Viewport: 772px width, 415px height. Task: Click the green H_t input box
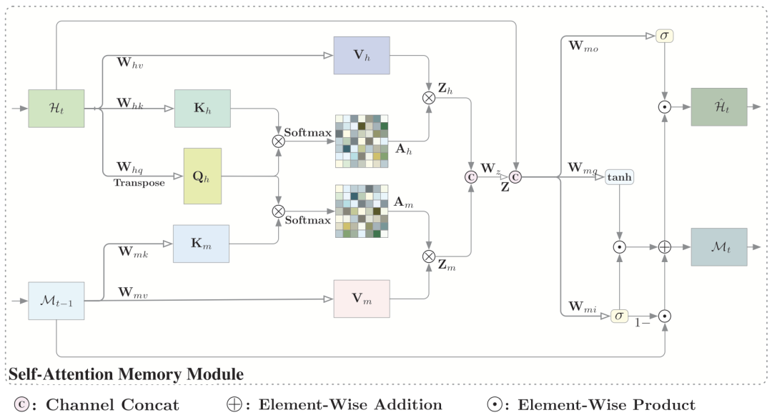pyautogui.click(x=56, y=109)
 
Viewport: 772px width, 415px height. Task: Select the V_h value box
pyautogui.click(x=362, y=55)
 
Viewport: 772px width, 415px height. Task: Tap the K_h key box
pyautogui.click(x=202, y=109)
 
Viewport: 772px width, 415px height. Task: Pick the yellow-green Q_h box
pyautogui.click(x=202, y=176)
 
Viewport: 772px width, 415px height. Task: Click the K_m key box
pyautogui.click(x=201, y=244)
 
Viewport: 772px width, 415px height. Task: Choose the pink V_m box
pyautogui.click(x=362, y=298)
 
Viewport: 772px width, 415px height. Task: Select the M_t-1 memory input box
pyautogui.click(x=56, y=301)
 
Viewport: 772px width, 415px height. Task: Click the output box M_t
pyautogui.click(x=718, y=247)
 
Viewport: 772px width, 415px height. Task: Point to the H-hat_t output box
pyautogui.click(x=718, y=107)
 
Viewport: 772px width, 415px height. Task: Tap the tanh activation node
pyautogui.click(x=620, y=176)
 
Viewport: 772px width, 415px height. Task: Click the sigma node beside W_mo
pyautogui.click(x=665, y=36)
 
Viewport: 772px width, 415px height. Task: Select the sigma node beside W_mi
pyautogui.click(x=619, y=315)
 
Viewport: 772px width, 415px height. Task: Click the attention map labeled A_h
pyautogui.click(x=362, y=141)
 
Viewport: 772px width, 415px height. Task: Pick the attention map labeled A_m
pyautogui.click(x=362, y=211)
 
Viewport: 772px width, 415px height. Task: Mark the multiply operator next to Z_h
pyautogui.click(x=429, y=98)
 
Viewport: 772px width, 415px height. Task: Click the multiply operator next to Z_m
pyautogui.click(x=429, y=256)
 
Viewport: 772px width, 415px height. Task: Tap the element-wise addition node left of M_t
pyautogui.click(x=665, y=247)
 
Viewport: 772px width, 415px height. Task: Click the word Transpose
pyautogui.click(x=139, y=183)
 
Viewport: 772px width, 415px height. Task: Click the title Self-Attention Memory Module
pyautogui.click(x=126, y=374)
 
